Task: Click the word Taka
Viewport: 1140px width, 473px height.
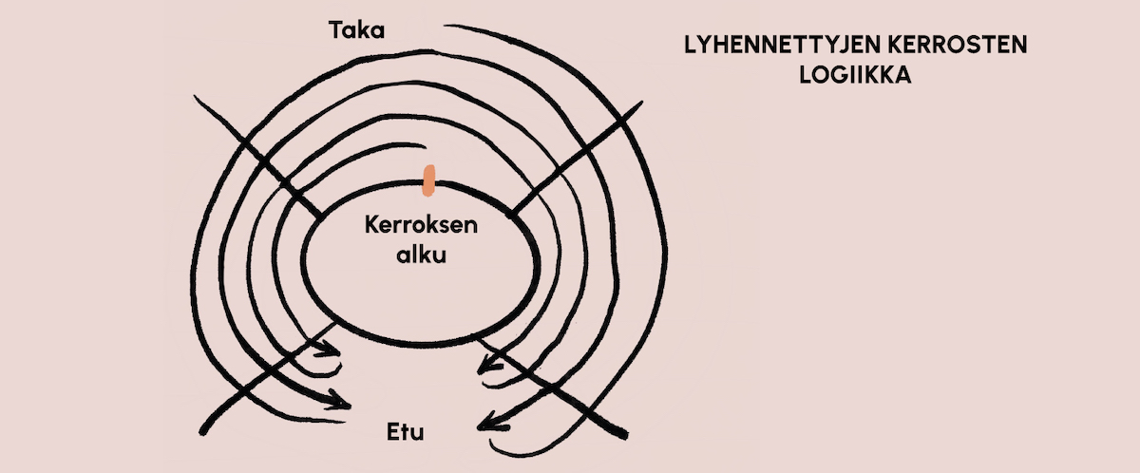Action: pyautogui.click(x=356, y=30)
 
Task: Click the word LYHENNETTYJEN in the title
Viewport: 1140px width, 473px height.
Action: pyautogui.click(x=785, y=46)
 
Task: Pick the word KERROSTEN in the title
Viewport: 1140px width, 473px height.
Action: pyautogui.click(x=961, y=46)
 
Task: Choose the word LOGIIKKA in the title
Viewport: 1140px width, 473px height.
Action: pyautogui.click(x=855, y=76)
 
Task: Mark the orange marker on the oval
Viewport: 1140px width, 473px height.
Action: pyautogui.click(x=429, y=180)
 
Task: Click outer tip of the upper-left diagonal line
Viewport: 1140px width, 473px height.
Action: pyautogui.click(x=195, y=96)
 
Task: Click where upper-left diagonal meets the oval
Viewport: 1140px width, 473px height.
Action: pyautogui.click(x=318, y=214)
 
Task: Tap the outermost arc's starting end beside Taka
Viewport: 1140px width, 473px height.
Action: pyautogui.click(x=447, y=27)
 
